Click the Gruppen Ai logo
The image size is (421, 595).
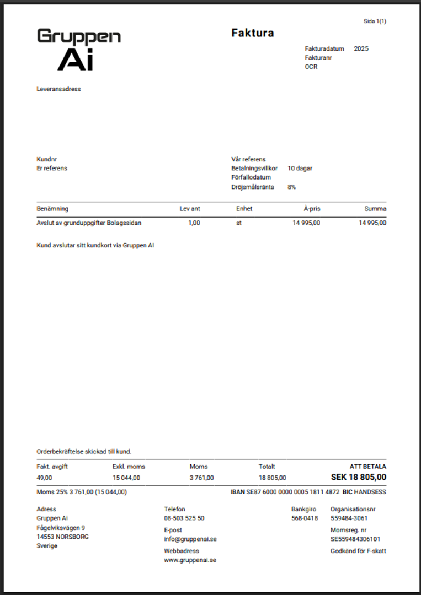tap(78, 49)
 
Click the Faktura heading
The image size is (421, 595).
tap(252, 33)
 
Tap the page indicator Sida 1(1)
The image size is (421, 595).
tap(375, 21)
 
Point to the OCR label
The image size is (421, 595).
tap(311, 67)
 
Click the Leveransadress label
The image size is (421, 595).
tap(58, 89)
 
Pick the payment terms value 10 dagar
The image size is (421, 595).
tap(300, 168)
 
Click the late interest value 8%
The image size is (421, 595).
tap(291, 187)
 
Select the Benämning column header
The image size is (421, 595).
tap(52, 209)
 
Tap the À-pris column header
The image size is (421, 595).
tap(312, 209)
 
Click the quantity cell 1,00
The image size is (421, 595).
tap(194, 223)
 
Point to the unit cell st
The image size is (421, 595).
tap(239, 223)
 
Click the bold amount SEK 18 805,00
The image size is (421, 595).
tap(358, 477)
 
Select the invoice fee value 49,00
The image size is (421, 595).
tap(44, 478)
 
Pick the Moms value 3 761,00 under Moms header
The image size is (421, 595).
tap(201, 478)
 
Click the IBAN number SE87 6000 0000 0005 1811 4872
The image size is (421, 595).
tap(292, 491)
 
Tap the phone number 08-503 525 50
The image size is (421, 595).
tap(184, 518)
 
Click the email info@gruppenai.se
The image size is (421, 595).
tap(190, 539)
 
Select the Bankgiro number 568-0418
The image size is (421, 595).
tap(305, 518)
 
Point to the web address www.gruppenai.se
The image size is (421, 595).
tap(190, 560)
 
